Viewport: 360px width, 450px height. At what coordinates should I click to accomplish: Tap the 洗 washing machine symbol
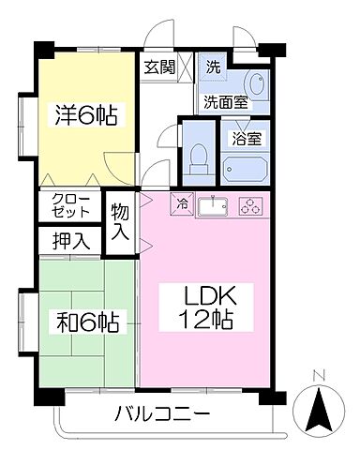pyautogui.click(x=213, y=68)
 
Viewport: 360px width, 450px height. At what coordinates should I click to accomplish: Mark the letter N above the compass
pyautogui.click(x=319, y=377)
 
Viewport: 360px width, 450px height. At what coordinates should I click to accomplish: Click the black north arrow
pyautogui.click(x=319, y=410)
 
